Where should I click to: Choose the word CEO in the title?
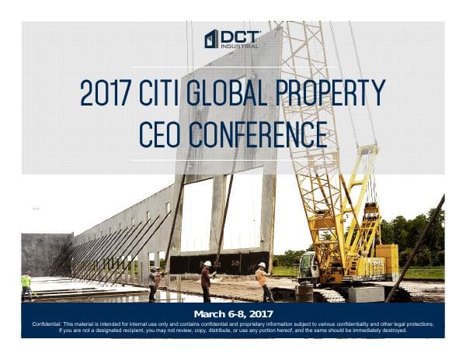tap(161, 132)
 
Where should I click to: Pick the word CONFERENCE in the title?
tap(260, 132)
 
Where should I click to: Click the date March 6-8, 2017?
tap(233, 312)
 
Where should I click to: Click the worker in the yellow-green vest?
tap(26, 285)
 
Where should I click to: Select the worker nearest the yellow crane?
tap(263, 281)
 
